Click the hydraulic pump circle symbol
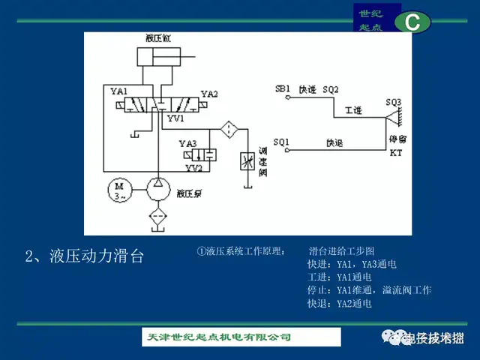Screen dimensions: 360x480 tap(158, 190)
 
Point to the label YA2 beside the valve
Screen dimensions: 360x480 tap(209, 94)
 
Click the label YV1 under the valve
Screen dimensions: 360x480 tap(175, 119)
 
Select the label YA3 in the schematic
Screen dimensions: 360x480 tap(187, 143)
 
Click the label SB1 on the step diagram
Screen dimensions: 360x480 tap(283, 88)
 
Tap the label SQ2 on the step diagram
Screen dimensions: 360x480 tap(330, 89)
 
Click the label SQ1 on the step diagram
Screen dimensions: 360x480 tap(281, 141)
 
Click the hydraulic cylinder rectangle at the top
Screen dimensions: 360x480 tap(160, 58)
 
